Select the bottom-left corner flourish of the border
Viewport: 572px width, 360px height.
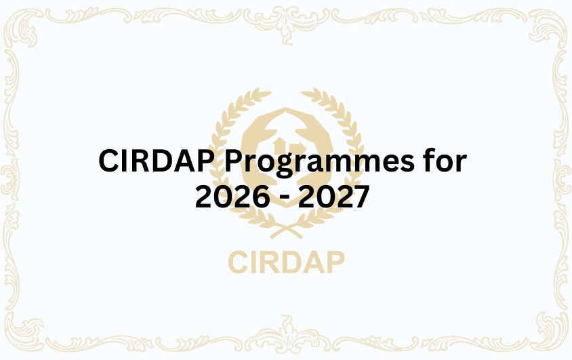pos(27,334)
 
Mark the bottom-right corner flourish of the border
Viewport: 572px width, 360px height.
pos(545,334)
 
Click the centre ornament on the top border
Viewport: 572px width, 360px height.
pos(286,15)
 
